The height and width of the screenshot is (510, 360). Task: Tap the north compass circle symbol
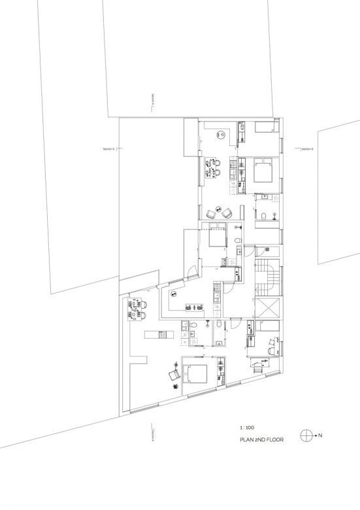(305, 434)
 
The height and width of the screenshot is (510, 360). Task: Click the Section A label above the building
(152, 101)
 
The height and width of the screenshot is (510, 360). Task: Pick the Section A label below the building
(152, 434)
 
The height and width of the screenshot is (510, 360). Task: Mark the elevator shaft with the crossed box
(269, 307)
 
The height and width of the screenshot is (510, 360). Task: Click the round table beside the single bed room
(221, 134)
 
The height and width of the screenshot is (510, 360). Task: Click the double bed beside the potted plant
(197, 374)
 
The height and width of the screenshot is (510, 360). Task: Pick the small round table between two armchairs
(220, 214)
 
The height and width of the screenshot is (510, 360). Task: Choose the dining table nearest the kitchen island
(139, 308)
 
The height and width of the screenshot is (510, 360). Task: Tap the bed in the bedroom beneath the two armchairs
(215, 236)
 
